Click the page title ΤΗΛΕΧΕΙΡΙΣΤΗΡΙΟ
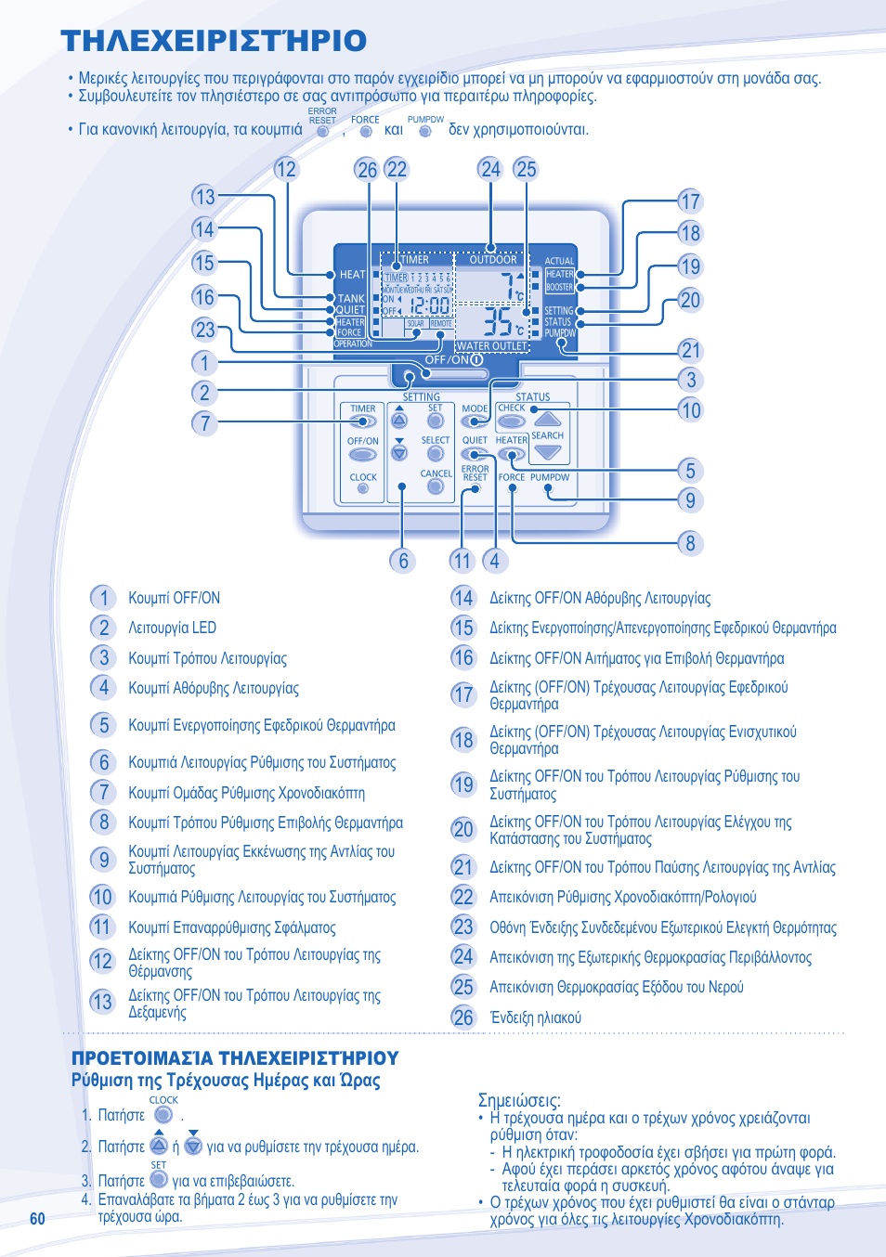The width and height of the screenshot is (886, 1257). point(214,41)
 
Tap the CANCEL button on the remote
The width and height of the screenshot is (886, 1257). point(436,486)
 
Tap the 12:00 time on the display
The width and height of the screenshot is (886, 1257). point(430,305)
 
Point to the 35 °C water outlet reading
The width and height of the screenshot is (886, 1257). point(502,322)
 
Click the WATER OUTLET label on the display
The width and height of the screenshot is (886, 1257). point(491,346)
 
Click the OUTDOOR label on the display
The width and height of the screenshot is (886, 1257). point(492,260)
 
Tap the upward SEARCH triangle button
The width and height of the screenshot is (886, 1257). point(548,420)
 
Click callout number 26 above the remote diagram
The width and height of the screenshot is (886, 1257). point(367,169)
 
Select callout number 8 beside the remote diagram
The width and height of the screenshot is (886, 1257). point(690,543)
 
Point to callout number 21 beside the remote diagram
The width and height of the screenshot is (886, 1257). point(690,350)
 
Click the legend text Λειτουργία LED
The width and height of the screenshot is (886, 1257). point(172,628)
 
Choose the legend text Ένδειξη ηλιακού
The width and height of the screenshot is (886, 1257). point(535,1017)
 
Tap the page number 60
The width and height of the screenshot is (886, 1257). point(37,1219)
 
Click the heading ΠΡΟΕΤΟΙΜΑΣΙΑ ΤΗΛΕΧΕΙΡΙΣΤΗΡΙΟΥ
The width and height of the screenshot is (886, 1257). point(235,1058)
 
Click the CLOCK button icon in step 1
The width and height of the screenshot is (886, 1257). point(163,1114)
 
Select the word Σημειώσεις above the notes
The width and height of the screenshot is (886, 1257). point(519,1100)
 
